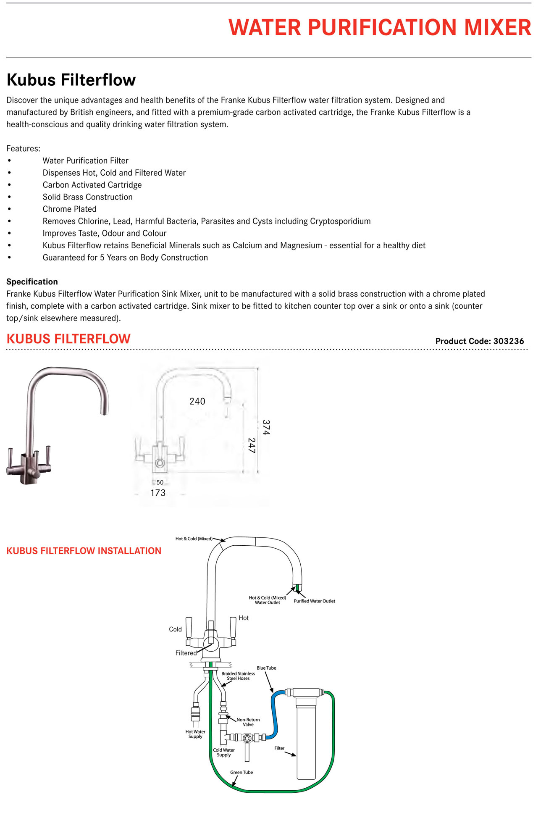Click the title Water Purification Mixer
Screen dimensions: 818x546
click(x=380, y=28)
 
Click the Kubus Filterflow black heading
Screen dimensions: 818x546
click(x=71, y=80)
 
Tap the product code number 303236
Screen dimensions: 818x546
click(x=509, y=341)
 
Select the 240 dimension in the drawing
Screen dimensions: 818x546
click(x=197, y=401)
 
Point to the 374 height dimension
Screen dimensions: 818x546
click(x=266, y=427)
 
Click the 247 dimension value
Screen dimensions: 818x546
click(x=251, y=445)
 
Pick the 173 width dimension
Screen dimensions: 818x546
click(x=158, y=493)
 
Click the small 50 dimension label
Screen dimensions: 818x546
click(x=160, y=482)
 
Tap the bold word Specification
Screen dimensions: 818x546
click(x=32, y=281)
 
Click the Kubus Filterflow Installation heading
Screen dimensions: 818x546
click(x=84, y=551)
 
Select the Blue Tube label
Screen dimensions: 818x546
click(x=266, y=668)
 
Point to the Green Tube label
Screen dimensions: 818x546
click(x=241, y=772)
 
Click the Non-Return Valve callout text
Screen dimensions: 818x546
click(x=248, y=722)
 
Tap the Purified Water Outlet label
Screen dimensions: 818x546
click(x=314, y=601)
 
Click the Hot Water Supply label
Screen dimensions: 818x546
click(x=195, y=734)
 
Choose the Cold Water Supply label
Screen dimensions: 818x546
click(x=224, y=752)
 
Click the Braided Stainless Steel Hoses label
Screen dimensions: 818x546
click(x=238, y=676)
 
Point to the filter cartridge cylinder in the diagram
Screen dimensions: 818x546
click(x=306, y=739)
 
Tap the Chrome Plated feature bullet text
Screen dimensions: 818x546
click(x=69, y=209)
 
